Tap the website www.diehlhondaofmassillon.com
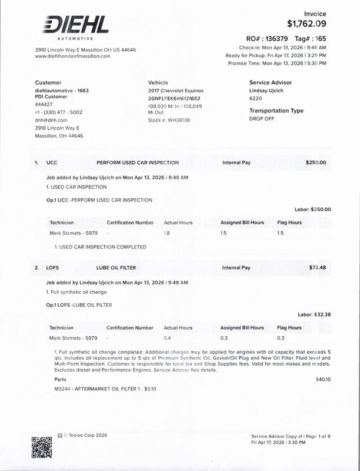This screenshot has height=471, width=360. [x=73, y=56]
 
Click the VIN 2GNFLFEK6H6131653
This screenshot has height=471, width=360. [x=174, y=98]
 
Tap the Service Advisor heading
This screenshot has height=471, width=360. [x=270, y=82]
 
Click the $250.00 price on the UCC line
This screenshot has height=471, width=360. [x=316, y=162]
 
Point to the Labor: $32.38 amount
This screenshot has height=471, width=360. [x=314, y=314]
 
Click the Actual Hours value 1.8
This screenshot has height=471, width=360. [x=166, y=233]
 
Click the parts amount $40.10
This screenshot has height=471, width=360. [x=323, y=380]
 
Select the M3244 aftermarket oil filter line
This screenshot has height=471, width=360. [x=96, y=389]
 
